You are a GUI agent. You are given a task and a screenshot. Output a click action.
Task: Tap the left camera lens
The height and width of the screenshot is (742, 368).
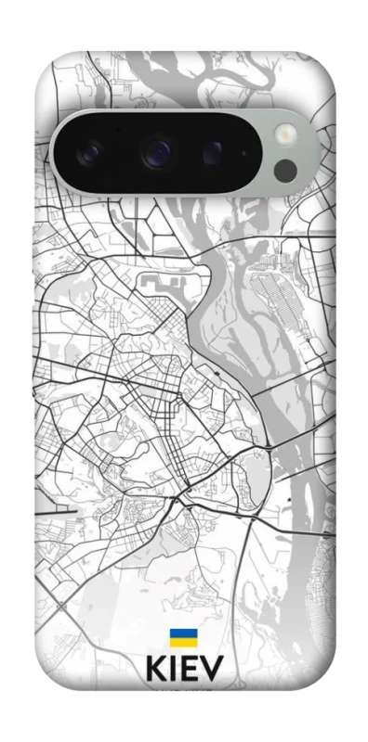pos(95,151)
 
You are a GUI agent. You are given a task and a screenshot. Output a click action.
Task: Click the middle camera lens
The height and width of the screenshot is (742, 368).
pos(158,150)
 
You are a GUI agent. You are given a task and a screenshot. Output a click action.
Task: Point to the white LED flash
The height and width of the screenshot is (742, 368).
pos(286,135)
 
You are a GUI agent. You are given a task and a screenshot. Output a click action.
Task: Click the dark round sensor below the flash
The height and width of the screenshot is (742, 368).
pos(286,170)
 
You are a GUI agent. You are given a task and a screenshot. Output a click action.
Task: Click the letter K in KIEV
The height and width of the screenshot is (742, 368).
pos(154,670)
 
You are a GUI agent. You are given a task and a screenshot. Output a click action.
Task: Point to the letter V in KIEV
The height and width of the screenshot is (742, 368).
pos(212,670)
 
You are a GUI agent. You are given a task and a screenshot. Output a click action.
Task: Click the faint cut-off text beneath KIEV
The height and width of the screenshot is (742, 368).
pos(183,690)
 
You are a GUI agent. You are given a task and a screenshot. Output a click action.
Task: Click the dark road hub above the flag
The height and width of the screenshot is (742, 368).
pos(177,502)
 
